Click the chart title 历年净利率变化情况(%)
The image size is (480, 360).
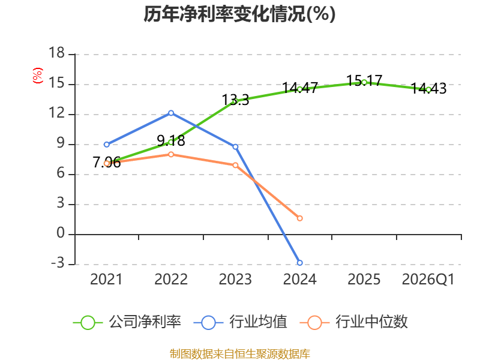click(x=239, y=14)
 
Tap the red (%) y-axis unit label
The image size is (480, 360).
click(x=37, y=76)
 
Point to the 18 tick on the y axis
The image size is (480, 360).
click(x=56, y=53)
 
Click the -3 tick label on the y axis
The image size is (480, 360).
click(x=58, y=263)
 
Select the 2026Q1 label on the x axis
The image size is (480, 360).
click(x=428, y=280)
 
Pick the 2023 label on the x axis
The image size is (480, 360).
click(x=235, y=280)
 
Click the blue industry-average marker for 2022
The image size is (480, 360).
click(x=171, y=113)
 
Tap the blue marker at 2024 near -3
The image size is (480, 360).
click(x=299, y=263)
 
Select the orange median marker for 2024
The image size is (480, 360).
click(x=299, y=218)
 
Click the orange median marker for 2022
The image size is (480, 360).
click(x=171, y=155)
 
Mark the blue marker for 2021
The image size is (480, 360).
click(x=107, y=145)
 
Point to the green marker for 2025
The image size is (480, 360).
click(x=364, y=82)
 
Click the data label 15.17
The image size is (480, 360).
click(x=364, y=81)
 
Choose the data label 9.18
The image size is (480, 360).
click(x=171, y=141)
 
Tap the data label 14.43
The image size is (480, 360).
click(x=428, y=88)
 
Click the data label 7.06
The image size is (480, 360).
click(x=107, y=162)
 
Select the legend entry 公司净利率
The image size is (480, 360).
click(x=127, y=322)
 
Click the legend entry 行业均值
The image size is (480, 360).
click(x=241, y=322)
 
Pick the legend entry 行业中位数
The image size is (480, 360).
click(x=353, y=322)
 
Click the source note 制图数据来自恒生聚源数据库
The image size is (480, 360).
click(x=240, y=354)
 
